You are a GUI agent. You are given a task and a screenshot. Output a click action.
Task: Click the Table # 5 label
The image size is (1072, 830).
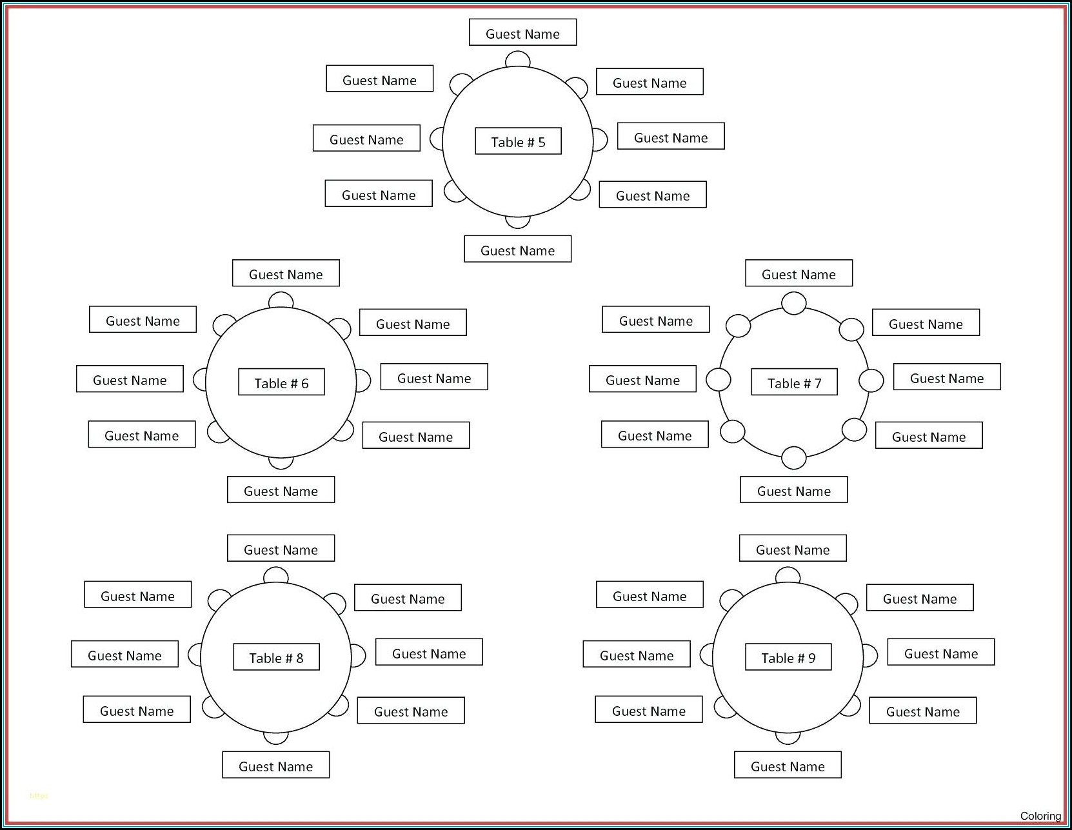click(x=518, y=141)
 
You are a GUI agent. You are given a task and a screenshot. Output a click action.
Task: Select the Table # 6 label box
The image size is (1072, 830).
click(x=281, y=382)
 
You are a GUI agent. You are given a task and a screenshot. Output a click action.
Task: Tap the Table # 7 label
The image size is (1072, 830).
click(x=794, y=382)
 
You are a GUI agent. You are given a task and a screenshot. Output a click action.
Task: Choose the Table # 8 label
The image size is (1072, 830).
click(x=276, y=657)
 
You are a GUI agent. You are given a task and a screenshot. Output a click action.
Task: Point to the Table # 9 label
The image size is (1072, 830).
click(x=788, y=657)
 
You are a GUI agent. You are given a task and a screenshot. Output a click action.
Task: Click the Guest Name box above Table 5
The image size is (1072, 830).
click(x=522, y=33)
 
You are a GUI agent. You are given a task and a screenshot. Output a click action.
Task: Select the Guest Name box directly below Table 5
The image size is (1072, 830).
click(x=517, y=250)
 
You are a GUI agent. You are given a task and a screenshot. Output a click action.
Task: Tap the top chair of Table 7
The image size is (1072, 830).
click(x=793, y=303)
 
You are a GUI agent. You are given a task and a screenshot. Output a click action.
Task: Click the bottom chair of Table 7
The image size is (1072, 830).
click(x=793, y=458)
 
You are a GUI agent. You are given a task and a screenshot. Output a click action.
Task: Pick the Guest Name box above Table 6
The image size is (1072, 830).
click(x=286, y=273)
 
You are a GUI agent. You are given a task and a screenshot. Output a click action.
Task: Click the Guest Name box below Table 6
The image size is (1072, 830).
click(x=281, y=490)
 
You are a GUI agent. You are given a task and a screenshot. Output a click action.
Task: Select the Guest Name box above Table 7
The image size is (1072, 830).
click(x=799, y=273)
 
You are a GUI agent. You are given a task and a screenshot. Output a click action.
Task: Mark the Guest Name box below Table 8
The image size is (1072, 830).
click(x=275, y=765)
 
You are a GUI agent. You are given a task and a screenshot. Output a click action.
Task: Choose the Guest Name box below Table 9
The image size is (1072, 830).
click(x=788, y=765)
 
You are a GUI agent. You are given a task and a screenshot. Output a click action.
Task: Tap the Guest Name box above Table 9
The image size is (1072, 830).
click(x=793, y=548)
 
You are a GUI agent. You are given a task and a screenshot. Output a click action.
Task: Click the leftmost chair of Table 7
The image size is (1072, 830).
click(x=718, y=380)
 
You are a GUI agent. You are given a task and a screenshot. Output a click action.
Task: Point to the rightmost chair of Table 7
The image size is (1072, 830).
click(x=871, y=380)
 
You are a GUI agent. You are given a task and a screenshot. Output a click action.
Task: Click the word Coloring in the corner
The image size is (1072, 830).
click(x=1040, y=816)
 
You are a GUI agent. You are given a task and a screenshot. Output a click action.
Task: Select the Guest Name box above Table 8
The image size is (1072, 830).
click(x=281, y=548)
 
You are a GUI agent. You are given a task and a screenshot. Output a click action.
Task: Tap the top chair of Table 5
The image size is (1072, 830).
click(x=517, y=60)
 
